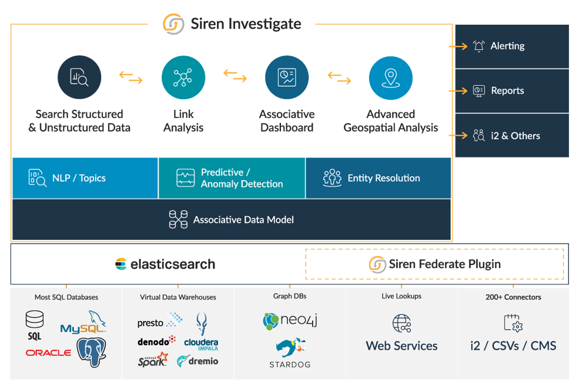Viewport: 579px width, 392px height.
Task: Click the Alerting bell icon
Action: coord(479,46)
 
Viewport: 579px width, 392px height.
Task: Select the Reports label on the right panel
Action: coord(507,91)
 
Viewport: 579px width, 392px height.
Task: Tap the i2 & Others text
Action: coord(515,136)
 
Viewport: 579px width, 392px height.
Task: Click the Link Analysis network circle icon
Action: coord(183,78)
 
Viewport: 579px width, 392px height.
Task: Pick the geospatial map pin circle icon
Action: coord(390,78)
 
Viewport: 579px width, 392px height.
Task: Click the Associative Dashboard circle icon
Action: coord(287,78)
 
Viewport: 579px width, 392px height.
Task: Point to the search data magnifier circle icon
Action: coord(79,78)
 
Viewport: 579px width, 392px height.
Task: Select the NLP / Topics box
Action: coord(85,177)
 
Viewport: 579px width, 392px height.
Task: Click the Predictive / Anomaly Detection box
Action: coord(232,177)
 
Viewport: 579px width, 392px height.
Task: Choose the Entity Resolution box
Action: coord(378,177)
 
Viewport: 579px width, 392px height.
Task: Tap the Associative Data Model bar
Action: coord(231,220)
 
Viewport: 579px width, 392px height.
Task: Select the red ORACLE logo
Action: coord(48,353)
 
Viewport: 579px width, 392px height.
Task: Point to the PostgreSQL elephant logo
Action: coord(93,351)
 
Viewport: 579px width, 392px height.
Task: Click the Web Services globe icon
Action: coord(401,323)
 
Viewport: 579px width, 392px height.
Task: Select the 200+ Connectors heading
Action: coord(513,297)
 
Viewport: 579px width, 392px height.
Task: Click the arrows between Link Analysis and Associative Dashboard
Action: coord(235,75)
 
